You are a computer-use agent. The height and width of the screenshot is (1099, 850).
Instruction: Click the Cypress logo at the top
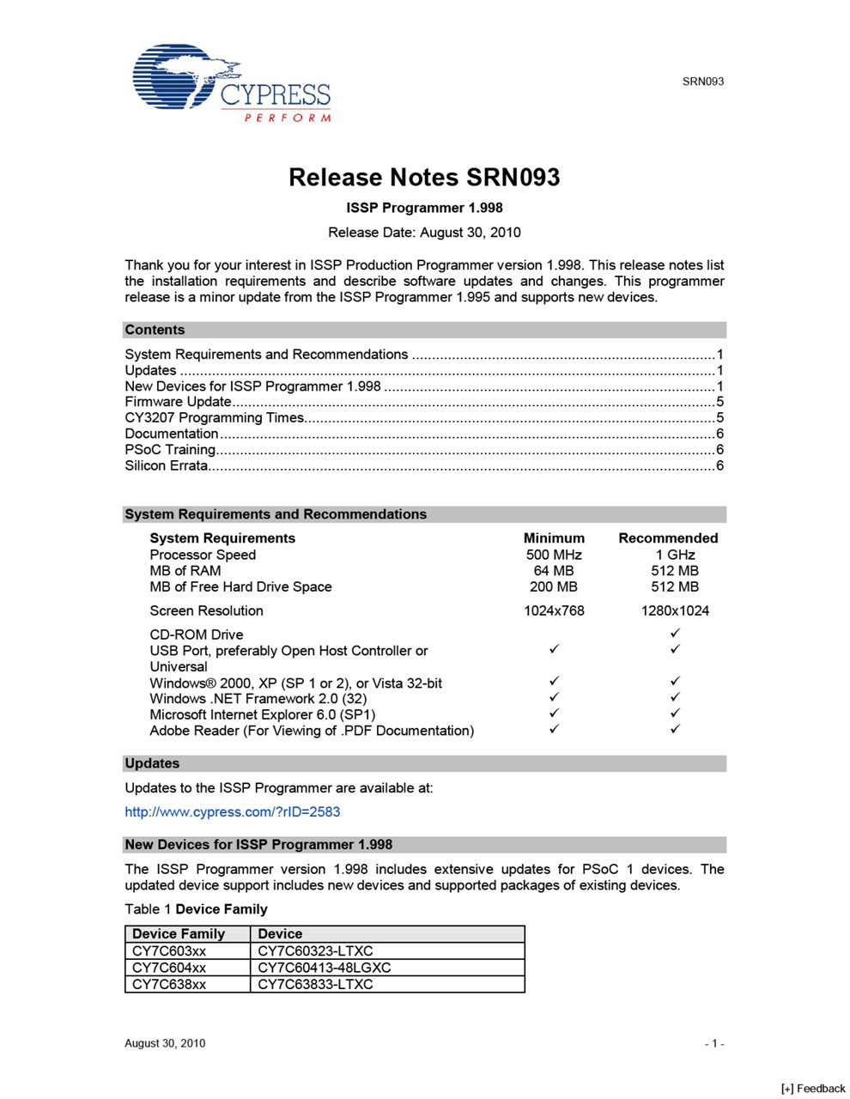[x=231, y=83]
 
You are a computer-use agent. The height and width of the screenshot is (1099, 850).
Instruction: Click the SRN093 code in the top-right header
[x=703, y=82]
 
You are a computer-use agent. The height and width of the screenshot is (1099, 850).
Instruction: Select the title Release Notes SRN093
[x=424, y=178]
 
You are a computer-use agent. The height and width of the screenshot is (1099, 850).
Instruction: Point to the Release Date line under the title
[x=424, y=233]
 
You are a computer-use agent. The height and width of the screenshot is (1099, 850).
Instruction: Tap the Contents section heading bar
[x=424, y=330]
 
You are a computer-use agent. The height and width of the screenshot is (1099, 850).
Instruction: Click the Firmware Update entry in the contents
[x=179, y=402]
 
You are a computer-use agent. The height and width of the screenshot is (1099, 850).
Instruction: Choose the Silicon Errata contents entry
[x=167, y=466]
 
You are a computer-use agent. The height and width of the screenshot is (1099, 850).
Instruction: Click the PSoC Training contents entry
[x=170, y=450]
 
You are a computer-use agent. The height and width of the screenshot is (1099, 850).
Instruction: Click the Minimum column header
[x=554, y=538]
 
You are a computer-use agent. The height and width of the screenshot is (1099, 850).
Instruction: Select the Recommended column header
[x=668, y=538]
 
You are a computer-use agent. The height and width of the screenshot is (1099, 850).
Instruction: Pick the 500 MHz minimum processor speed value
[x=554, y=555]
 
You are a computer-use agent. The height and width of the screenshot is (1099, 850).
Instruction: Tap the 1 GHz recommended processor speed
[x=675, y=555]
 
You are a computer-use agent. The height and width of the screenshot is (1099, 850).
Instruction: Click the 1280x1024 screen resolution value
[x=675, y=611]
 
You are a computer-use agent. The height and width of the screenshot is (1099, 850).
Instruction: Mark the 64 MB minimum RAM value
[x=554, y=571]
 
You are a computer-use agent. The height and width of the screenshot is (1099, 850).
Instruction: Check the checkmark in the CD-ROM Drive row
[x=676, y=634]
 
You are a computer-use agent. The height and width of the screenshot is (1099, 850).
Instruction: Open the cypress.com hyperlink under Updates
[x=233, y=812]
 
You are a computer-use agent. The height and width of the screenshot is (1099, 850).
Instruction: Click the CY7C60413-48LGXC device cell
[x=324, y=968]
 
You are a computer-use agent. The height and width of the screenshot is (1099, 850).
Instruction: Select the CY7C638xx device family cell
[x=169, y=985]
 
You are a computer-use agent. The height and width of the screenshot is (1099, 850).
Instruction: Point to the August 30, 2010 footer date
[x=165, y=1043]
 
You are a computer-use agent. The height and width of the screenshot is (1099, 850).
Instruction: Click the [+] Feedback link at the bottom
[x=813, y=1089]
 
